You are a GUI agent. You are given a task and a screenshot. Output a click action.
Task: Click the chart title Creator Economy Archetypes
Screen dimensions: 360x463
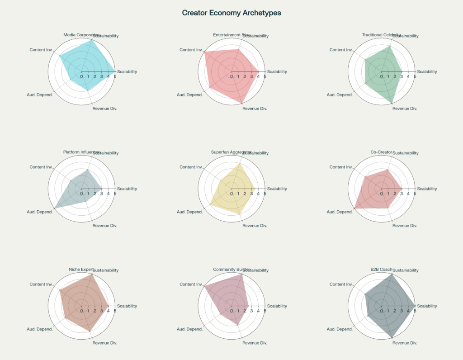pyautogui.click(x=231, y=13)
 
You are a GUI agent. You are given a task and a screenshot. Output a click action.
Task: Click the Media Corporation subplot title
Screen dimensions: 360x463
pyautogui.click(x=81, y=35)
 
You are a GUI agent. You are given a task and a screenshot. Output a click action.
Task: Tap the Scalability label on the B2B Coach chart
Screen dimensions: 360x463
pyautogui.click(x=427, y=306)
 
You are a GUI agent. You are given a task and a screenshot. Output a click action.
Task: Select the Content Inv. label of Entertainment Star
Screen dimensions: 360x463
pyautogui.click(x=190, y=50)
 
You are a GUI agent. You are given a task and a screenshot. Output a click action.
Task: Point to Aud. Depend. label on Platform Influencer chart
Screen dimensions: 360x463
pyautogui.click(x=40, y=212)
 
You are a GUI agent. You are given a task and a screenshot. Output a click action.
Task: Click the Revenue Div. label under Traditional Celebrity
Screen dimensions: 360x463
pyautogui.click(x=405, y=109)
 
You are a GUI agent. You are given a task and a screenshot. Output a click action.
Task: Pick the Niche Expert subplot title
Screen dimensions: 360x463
pyautogui.click(x=81, y=270)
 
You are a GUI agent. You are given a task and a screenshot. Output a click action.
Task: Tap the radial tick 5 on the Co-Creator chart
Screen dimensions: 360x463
pyautogui.click(x=415, y=194)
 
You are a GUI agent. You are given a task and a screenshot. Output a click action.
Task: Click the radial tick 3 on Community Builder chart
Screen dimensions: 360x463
pyautogui.click(x=251, y=311)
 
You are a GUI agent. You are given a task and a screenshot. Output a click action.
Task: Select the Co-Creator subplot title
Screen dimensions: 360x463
pyautogui.click(x=381, y=152)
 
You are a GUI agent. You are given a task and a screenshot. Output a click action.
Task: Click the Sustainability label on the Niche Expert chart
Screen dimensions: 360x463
pyautogui.click(x=105, y=270)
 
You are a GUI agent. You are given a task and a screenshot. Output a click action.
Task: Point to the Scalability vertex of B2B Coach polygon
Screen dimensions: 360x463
pyautogui.click(x=415, y=306)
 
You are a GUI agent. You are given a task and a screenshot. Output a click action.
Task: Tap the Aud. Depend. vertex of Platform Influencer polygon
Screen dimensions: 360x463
pyautogui.click(x=54, y=208)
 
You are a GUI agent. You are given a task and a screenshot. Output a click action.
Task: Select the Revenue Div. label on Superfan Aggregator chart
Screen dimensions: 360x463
pyautogui.click(x=255, y=226)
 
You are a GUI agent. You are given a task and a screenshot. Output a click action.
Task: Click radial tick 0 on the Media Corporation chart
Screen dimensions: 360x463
pyautogui.click(x=81, y=76)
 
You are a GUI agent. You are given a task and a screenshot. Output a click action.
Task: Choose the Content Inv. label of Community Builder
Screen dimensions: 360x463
pyautogui.click(x=190, y=284)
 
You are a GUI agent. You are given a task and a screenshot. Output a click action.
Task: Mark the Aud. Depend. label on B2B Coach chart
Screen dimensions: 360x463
pyautogui.click(x=340, y=329)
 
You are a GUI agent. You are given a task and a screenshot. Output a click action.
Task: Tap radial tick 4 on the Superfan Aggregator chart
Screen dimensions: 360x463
pyautogui.click(x=258, y=194)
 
